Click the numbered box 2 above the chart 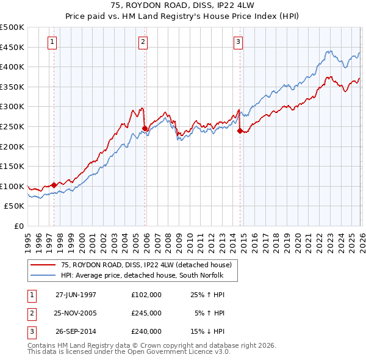(142, 42)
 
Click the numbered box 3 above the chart (237, 42)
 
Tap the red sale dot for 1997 (54, 185)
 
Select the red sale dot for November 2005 (145, 128)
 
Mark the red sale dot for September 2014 (240, 130)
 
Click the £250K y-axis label (12, 127)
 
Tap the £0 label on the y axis (18, 226)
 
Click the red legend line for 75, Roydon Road (43, 265)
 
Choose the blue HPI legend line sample (43, 275)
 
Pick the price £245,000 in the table (146, 313)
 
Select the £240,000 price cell (146, 331)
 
